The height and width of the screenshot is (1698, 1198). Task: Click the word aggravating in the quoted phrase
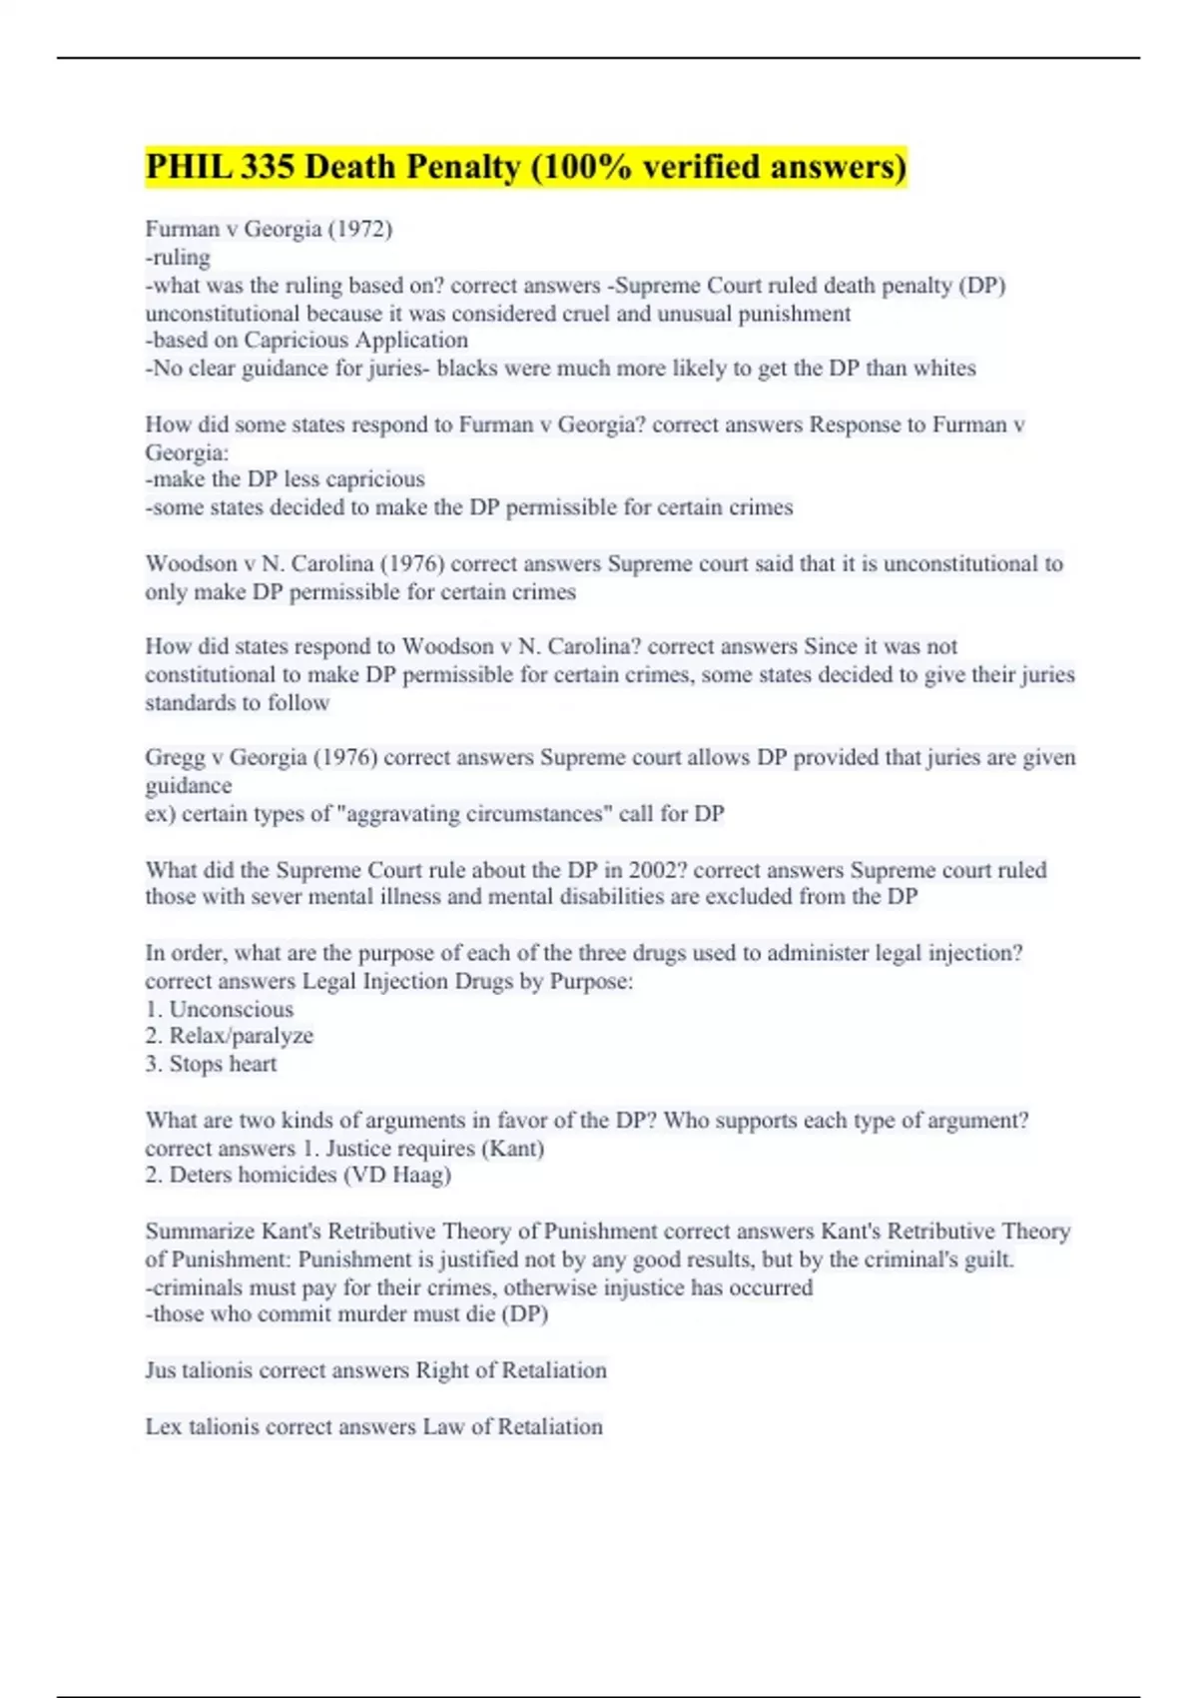pyautogui.click(x=405, y=814)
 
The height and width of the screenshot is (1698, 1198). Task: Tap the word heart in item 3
pyautogui.click(x=253, y=1064)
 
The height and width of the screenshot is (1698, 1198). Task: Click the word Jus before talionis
pyautogui.click(x=161, y=1370)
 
